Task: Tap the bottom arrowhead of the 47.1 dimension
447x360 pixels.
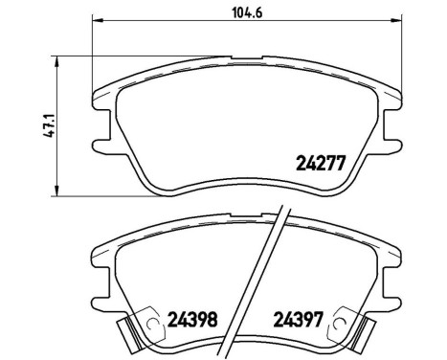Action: [59, 191]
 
